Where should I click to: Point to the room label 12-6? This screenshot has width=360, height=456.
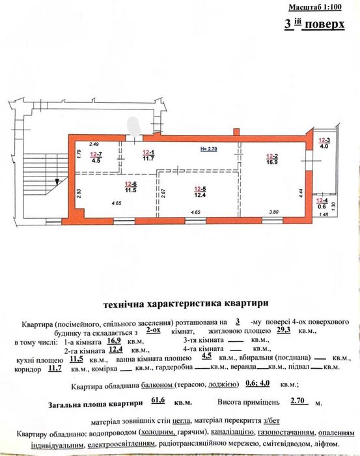click(x=130, y=184)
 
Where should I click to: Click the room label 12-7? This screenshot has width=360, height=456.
click(x=96, y=152)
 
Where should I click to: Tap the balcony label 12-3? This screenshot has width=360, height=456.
click(x=324, y=141)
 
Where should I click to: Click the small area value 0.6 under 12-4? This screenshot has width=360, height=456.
click(x=323, y=207)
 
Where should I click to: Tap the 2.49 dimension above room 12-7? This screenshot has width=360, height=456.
click(x=94, y=144)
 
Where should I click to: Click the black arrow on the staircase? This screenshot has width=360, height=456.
click(x=57, y=182)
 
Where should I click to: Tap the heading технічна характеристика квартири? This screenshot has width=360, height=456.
click(x=184, y=304)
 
